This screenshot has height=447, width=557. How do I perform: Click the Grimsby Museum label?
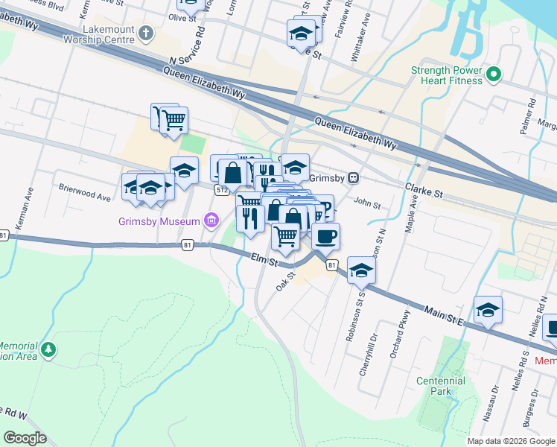click(x=159, y=221)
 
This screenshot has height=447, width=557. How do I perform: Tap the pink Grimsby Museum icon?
click(x=211, y=221)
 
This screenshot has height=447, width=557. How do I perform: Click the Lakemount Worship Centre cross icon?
click(x=146, y=33)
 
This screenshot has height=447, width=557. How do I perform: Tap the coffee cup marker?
click(x=325, y=237)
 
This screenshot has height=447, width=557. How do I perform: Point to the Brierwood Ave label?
click(x=86, y=194)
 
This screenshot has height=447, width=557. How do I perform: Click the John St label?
click(x=367, y=203)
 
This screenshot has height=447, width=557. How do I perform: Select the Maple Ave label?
click(x=410, y=217)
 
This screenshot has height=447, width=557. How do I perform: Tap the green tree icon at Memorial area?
click(x=48, y=349)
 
